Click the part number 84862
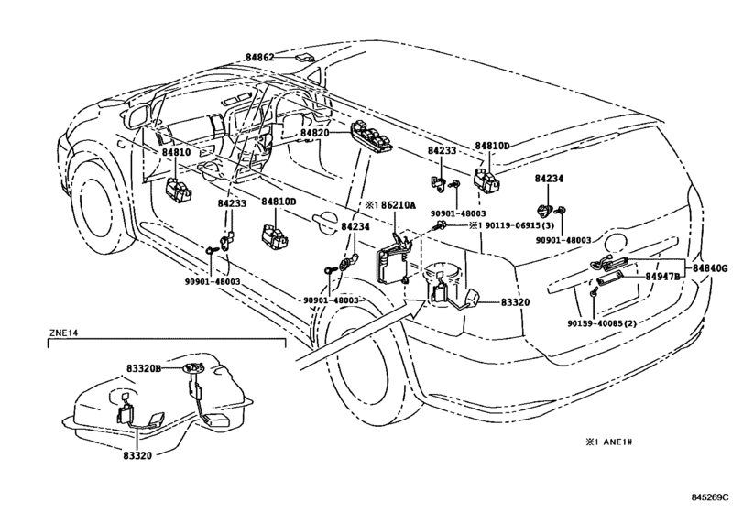(x=259, y=57)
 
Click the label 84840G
(x=710, y=268)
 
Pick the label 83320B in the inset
(x=145, y=367)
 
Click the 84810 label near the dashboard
(x=177, y=153)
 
